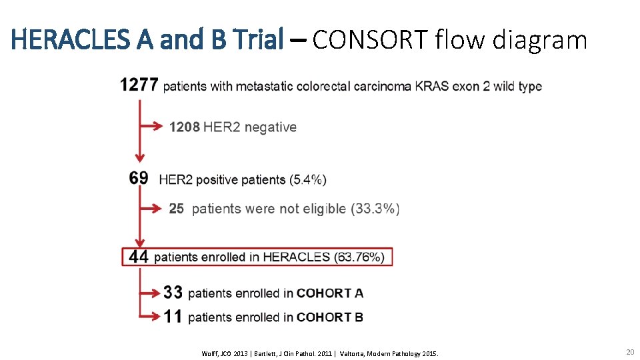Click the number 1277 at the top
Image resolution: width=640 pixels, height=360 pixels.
pyautogui.click(x=139, y=85)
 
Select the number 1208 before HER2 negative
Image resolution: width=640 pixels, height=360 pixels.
pyautogui.click(x=184, y=127)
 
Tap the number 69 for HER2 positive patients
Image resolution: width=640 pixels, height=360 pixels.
pyautogui.click(x=139, y=179)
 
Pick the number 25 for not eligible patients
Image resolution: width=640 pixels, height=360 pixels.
pyautogui.click(x=176, y=209)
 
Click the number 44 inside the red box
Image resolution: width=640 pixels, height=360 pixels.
pyautogui.click(x=139, y=257)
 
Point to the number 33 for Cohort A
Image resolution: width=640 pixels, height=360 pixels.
pyautogui.click(x=173, y=293)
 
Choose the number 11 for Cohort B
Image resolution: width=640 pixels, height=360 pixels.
pyautogui.click(x=173, y=317)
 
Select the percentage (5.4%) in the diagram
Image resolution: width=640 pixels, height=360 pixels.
pyautogui.click(x=308, y=179)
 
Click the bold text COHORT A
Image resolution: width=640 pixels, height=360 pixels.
pyautogui.click(x=330, y=293)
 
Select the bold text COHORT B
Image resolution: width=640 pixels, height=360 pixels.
pyautogui.click(x=330, y=317)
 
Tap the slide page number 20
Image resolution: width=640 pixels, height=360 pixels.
pyautogui.click(x=630, y=351)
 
